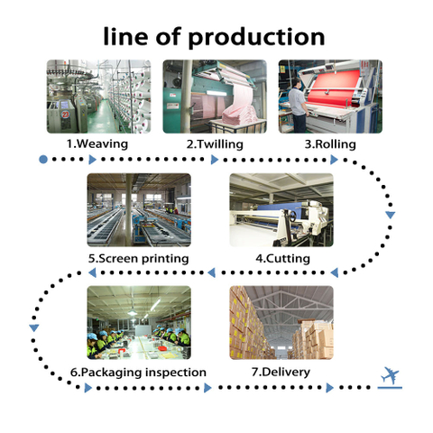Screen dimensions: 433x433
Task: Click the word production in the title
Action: click(256, 38)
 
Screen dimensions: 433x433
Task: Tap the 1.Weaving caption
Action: click(97, 143)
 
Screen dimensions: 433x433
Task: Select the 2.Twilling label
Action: click(215, 144)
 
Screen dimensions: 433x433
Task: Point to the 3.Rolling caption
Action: click(330, 144)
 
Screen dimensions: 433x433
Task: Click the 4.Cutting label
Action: click(282, 258)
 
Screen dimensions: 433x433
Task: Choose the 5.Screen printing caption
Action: click(139, 259)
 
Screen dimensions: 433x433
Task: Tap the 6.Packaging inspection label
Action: click(138, 373)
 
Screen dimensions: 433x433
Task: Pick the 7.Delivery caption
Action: click(281, 373)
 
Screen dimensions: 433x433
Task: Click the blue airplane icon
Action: click(390, 376)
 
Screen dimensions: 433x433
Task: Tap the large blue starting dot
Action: click(43, 160)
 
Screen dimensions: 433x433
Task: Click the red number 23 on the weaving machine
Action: click(65, 115)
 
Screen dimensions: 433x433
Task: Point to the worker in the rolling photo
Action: click(298, 106)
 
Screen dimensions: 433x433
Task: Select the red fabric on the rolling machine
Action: click(335, 88)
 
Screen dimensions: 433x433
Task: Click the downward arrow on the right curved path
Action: click(391, 215)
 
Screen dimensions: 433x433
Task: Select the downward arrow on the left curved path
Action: click(34, 328)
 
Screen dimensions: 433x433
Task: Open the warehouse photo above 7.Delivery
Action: click(281, 323)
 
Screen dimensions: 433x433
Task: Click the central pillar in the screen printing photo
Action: click(128, 210)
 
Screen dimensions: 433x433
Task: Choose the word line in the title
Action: click(125, 36)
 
